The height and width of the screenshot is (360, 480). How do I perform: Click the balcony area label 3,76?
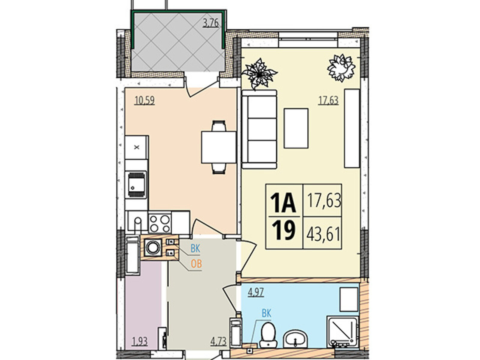pyautogui.click(x=211, y=23)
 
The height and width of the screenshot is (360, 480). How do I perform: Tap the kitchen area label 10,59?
pyautogui.click(x=145, y=100)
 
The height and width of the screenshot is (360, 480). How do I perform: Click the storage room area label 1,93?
pyautogui.click(x=140, y=341)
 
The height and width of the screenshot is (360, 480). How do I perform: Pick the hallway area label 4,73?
pyautogui.click(x=218, y=341)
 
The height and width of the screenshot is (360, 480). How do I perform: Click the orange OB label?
pyautogui.click(x=196, y=264)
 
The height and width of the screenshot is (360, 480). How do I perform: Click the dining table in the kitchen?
pyautogui.click(x=218, y=147)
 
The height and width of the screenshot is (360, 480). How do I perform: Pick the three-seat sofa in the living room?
pyautogui.click(x=259, y=129)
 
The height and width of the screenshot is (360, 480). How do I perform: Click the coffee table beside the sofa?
pyautogui.click(x=296, y=128)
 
